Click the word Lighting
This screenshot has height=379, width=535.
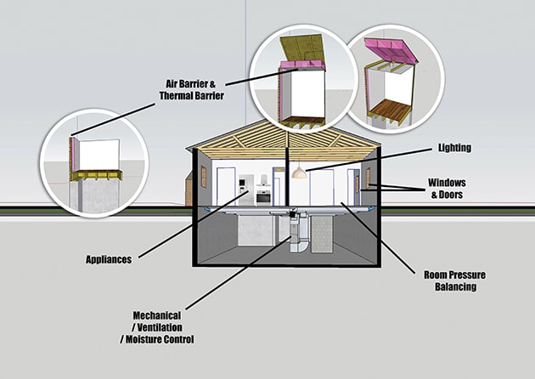(454, 148)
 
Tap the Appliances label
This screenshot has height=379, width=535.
(109, 259)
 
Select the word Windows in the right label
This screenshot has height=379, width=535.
(447, 183)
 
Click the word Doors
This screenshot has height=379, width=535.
(450, 195)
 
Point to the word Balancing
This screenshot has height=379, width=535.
(455, 286)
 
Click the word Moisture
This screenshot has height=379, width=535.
(143, 339)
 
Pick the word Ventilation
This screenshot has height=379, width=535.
(160, 327)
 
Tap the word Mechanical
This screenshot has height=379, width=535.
(157, 315)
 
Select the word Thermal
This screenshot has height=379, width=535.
(176, 96)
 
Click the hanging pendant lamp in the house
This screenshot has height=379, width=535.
(298, 173)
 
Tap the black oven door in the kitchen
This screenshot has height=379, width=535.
(263, 197)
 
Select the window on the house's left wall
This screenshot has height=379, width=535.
(204, 177)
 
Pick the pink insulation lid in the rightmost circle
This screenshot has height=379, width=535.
(391, 51)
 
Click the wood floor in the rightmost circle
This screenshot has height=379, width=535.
(390, 110)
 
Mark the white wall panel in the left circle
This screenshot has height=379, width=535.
(99, 155)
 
